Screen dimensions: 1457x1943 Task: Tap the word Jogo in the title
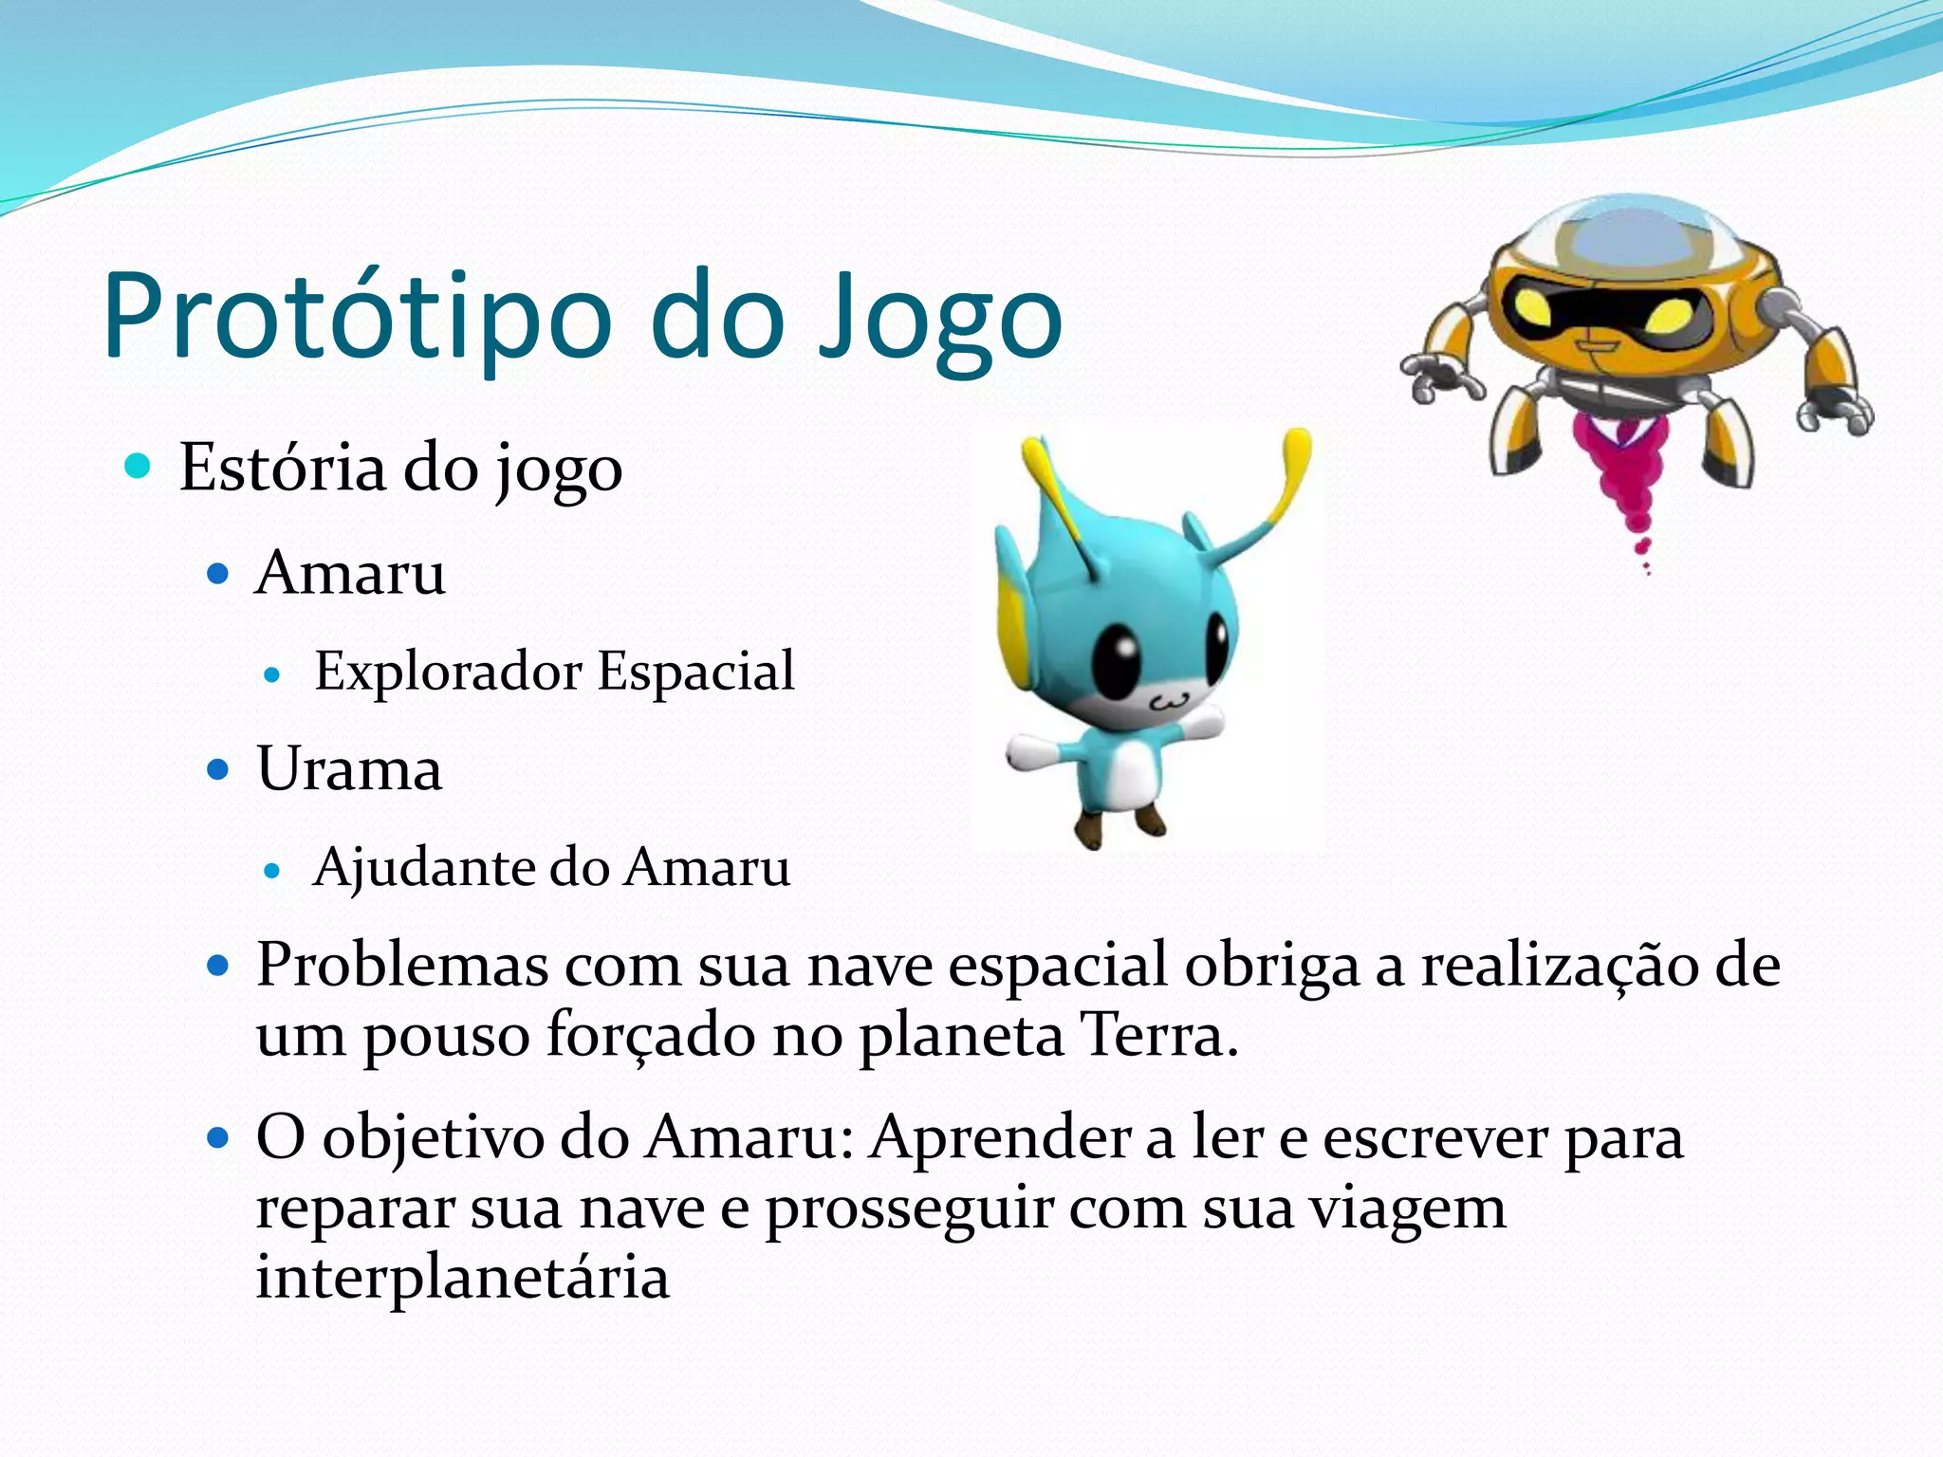pyautogui.click(x=939, y=318)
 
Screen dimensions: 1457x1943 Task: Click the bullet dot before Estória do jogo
pyautogui.click(x=139, y=466)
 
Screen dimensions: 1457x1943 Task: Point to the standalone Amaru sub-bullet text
pyautogui.click(x=350, y=573)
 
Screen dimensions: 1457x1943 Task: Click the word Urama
pyautogui.click(x=349, y=768)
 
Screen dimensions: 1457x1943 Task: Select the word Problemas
pyautogui.click(x=402, y=966)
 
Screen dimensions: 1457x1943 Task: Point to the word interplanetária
pyautogui.click(x=463, y=1277)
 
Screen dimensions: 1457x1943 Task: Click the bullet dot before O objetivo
pyautogui.click(x=219, y=1136)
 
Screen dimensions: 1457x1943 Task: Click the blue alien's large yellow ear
pyautogui.click(x=1011, y=617)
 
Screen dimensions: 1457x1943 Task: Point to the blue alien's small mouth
pyautogui.click(x=1168, y=703)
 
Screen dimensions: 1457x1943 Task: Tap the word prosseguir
pyautogui.click(x=910, y=1208)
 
